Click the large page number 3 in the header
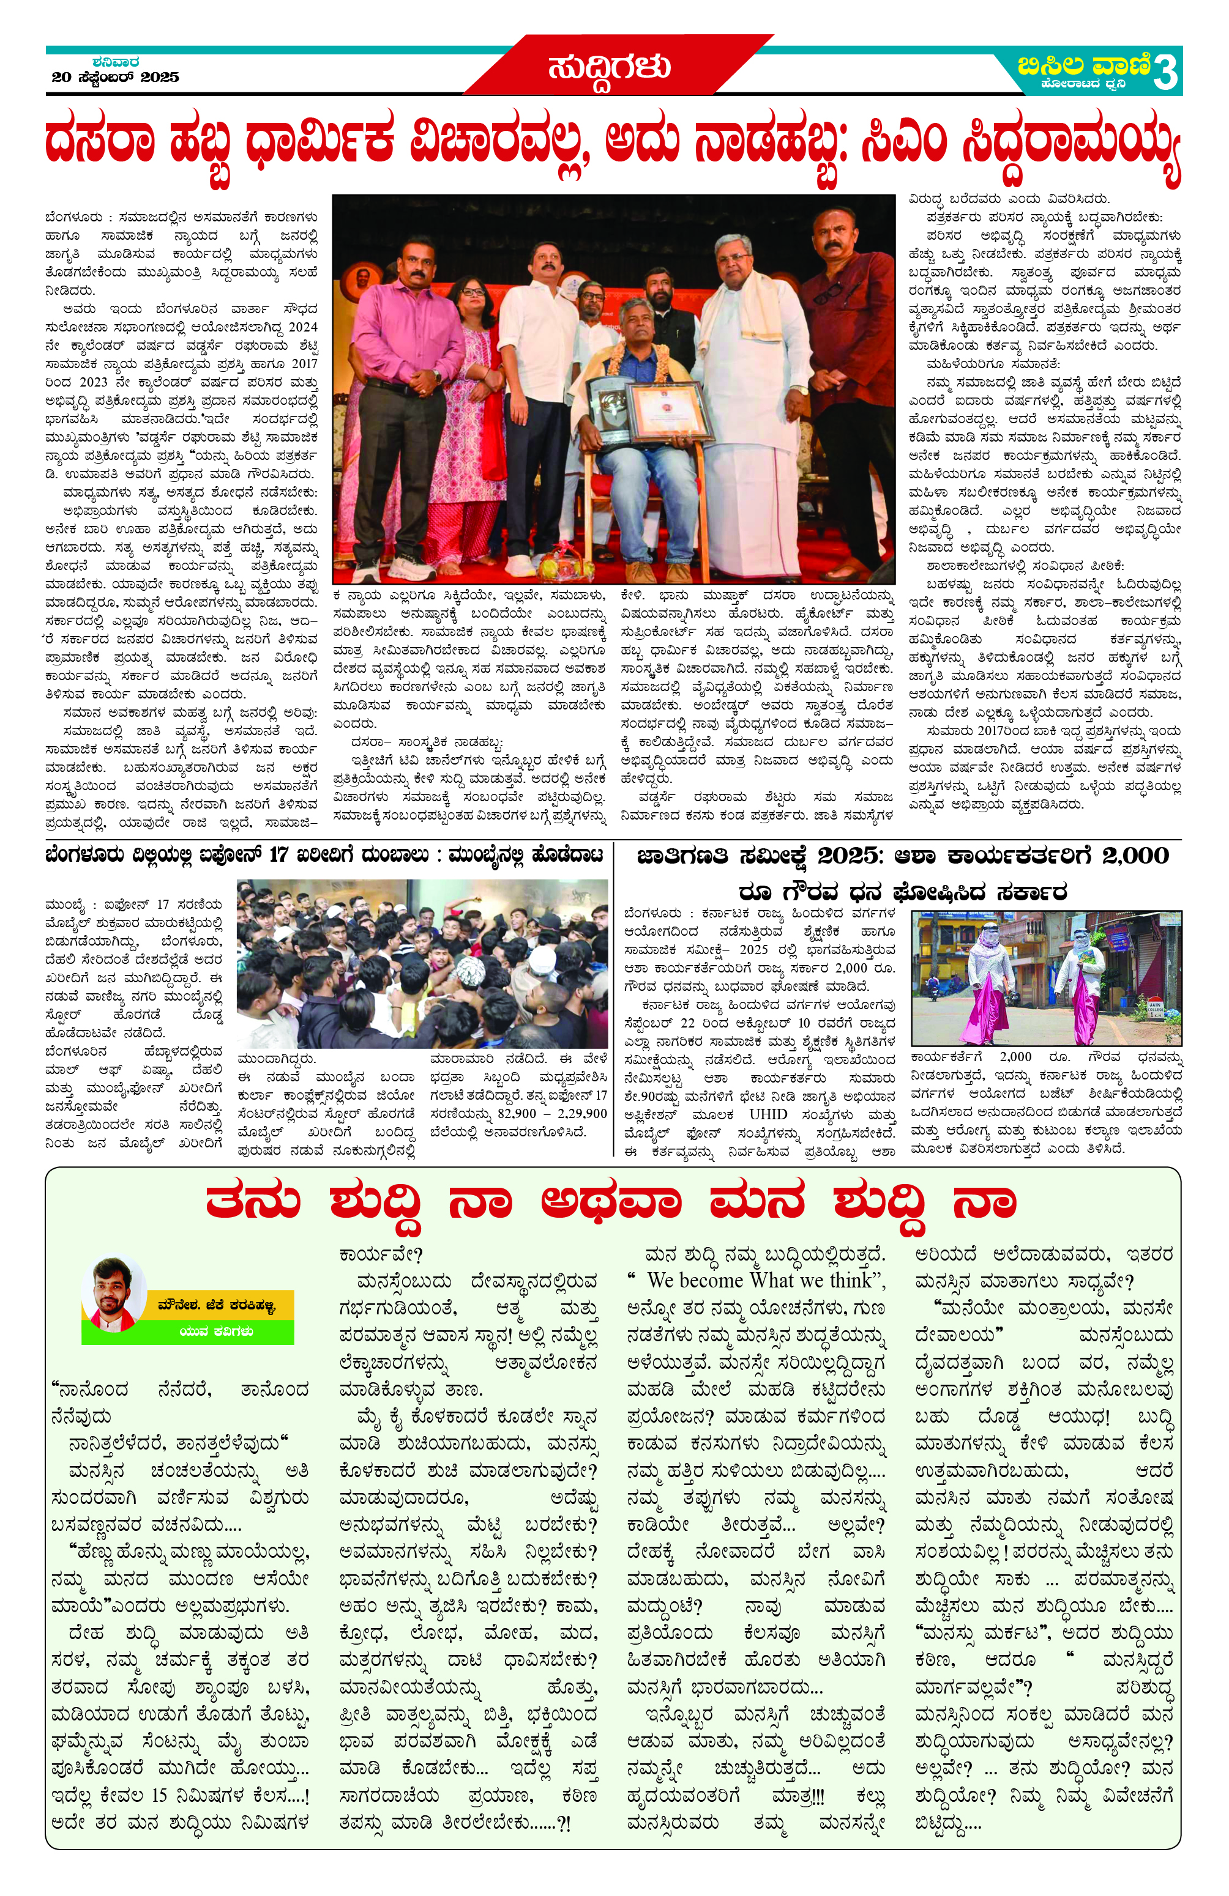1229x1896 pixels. point(1165,73)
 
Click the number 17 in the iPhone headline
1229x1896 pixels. point(278,856)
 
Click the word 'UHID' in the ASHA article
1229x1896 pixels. point(768,1114)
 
